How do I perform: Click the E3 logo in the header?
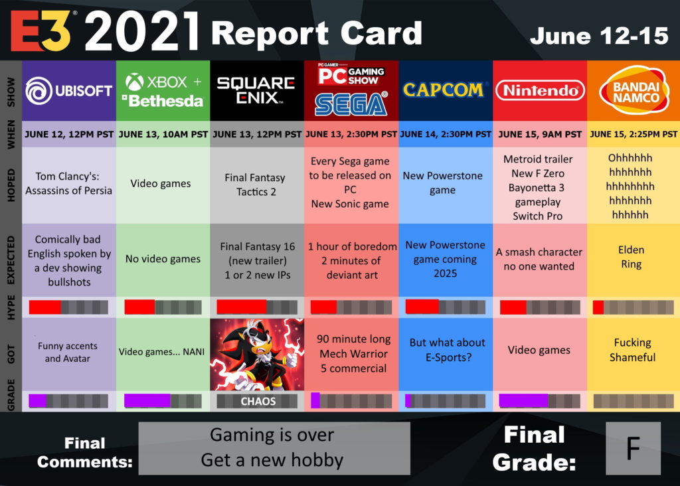(41, 31)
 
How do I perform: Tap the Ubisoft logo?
(68, 90)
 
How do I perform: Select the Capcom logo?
(443, 90)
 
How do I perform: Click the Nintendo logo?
(540, 90)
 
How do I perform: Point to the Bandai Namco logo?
(634, 90)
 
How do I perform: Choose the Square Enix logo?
(256, 90)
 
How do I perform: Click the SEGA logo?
(351, 104)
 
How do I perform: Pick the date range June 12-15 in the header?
(599, 36)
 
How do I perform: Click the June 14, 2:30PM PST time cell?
(446, 134)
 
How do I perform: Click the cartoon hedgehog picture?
(257, 355)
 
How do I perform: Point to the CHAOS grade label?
(258, 402)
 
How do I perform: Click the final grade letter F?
(633, 448)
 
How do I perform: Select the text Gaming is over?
(272, 435)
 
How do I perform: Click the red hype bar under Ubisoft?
(44, 307)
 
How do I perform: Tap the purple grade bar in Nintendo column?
(523, 401)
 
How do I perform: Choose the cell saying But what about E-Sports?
(447, 350)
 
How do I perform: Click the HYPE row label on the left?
(11, 307)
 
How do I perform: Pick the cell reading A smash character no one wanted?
(539, 259)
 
